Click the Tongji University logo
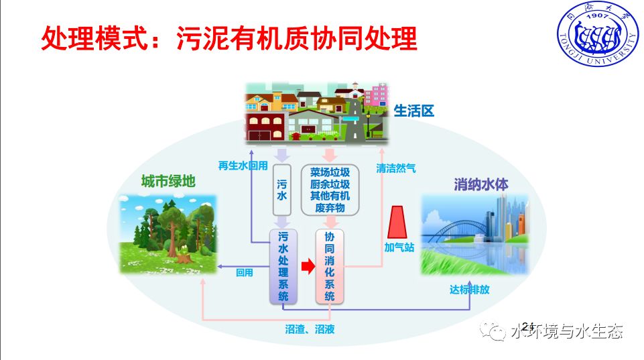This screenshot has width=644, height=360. pyautogui.click(x=595, y=38)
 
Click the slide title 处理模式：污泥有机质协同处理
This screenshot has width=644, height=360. pyautogui.click(x=229, y=39)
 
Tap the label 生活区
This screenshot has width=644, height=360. pyautogui.click(x=414, y=111)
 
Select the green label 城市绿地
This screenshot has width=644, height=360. pyautogui.click(x=168, y=182)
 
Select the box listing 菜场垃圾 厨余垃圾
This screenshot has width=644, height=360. pyautogui.click(x=330, y=189)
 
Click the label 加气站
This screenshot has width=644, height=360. pyautogui.click(x=399, y=247)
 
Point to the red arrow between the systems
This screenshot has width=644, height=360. pyautogui.click(x=306, y=267)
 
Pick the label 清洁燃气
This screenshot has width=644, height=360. pyautogui.click(x=396, y=168)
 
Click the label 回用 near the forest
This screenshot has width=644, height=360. pyautogui.click(x=245, y=273)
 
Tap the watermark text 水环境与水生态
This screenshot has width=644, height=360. pyautogui.click(x=567, y=331)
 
